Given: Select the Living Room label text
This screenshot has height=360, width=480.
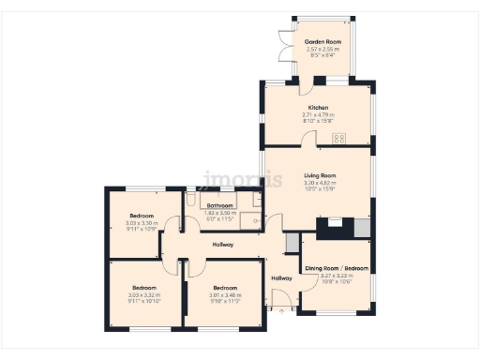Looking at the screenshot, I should click(320, 175).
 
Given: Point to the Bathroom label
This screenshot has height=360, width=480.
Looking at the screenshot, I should click(220, 205).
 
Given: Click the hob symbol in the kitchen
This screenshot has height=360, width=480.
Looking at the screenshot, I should click(339, 139).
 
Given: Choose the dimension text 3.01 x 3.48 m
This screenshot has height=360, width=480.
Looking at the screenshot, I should click(225, 295).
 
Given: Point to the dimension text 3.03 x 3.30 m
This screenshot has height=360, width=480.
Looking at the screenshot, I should click(143, 223).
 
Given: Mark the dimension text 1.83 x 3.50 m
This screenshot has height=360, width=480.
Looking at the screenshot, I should click(220, 213).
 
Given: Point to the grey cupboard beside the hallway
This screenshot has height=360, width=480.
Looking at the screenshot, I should click(292, 243).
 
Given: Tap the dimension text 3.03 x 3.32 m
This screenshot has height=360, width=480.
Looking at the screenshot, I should click(143, 295).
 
